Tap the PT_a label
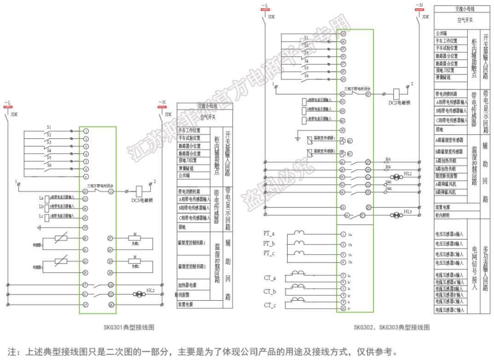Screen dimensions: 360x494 269,234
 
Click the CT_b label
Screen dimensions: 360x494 270,291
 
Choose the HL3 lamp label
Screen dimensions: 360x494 408,211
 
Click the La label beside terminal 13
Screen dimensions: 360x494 41,198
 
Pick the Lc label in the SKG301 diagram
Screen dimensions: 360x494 41,216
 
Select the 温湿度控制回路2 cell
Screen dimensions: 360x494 192,266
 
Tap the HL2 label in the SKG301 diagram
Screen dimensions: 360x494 150,291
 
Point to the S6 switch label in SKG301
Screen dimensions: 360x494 49,165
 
